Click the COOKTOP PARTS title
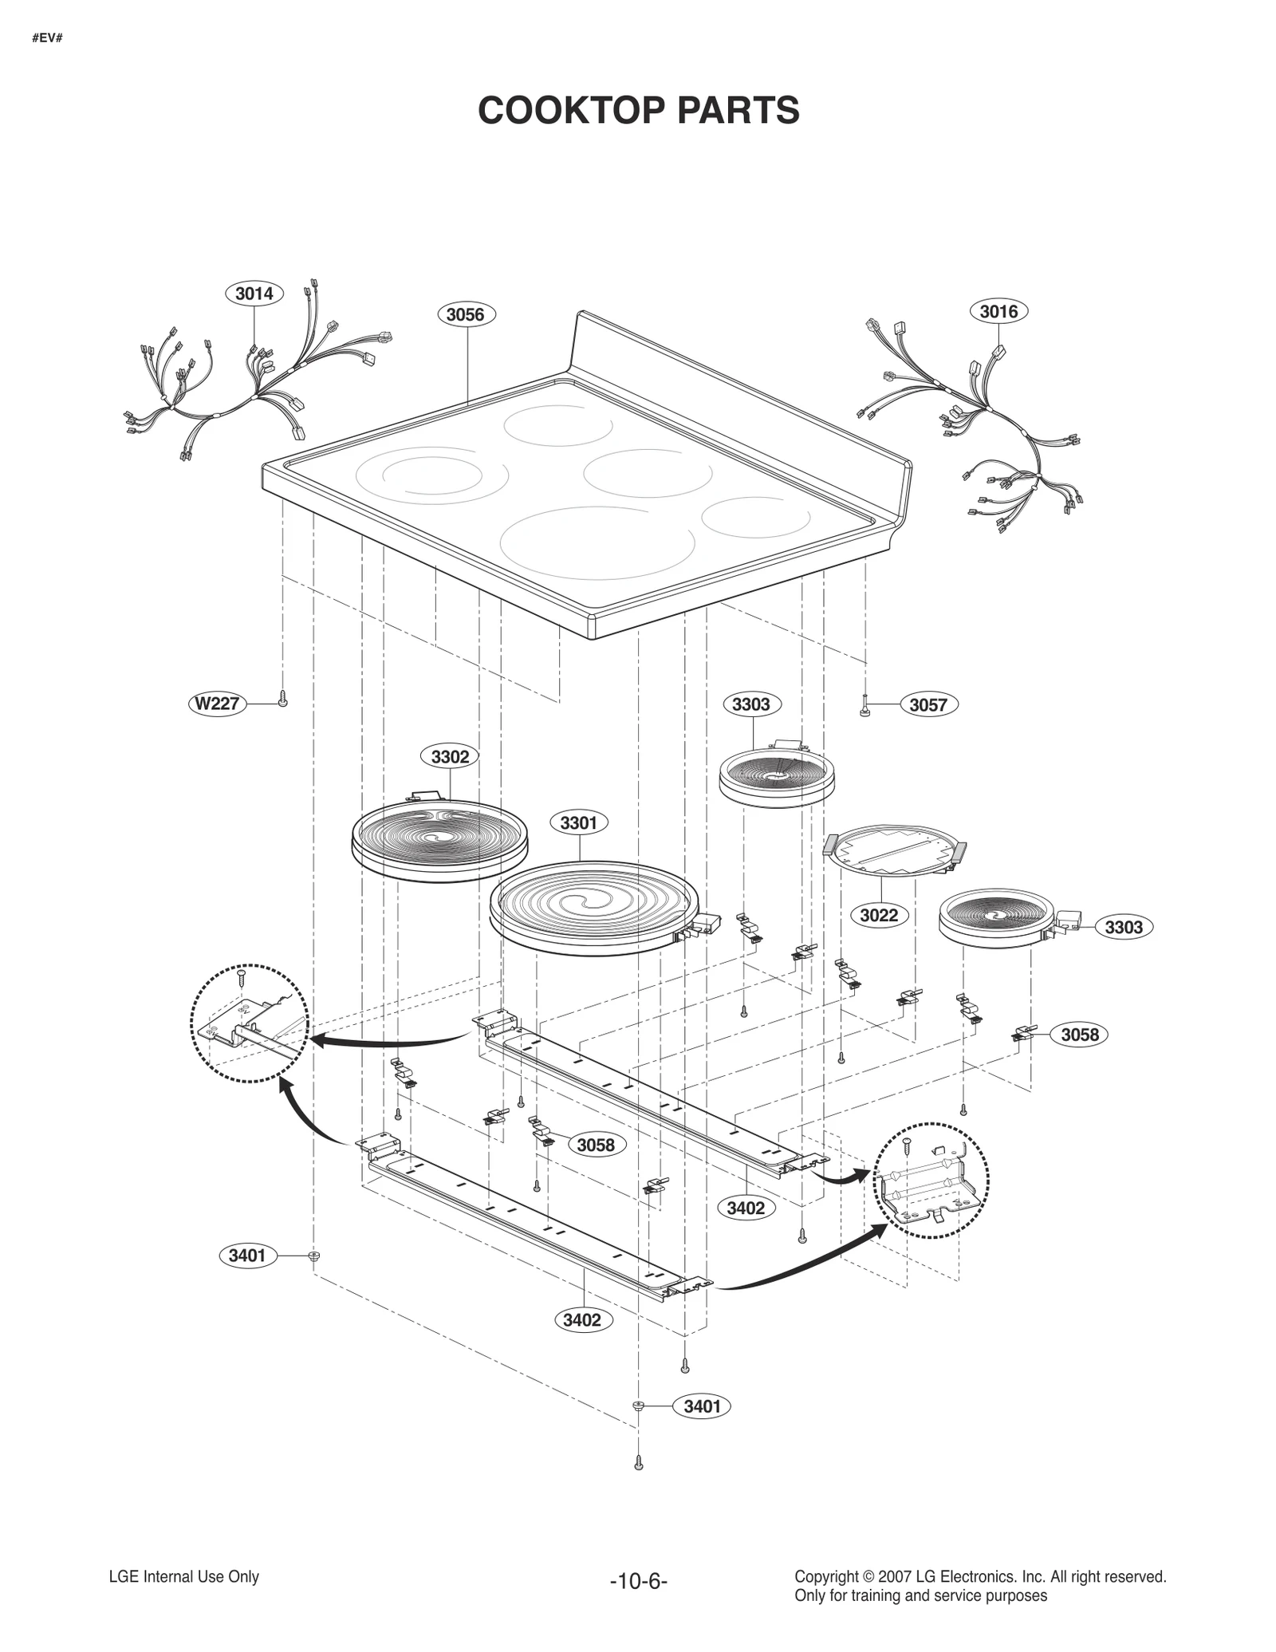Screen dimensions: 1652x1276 pos(638,110)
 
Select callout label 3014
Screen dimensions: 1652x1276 pos(254,294)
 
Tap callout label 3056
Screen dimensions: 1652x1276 pos(465,314)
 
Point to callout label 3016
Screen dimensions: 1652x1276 pos(998,311)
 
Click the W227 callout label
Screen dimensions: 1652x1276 pos(218,704)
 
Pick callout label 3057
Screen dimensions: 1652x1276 pos(928,704)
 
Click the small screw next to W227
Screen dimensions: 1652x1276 pos(282,700)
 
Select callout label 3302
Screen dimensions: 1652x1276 pos(450,756)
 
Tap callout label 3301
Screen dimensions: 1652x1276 pos(578,822)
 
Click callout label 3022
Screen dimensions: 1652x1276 pos(879,915)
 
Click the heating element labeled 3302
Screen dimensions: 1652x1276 pos(439,839)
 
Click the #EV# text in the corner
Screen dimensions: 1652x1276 pos(47,37)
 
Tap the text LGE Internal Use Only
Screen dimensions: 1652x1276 pos(183,1577)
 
